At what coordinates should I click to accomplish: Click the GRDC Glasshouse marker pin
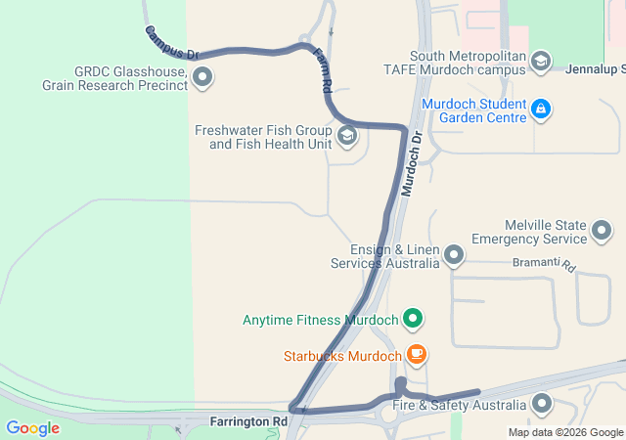(x=202, y=76)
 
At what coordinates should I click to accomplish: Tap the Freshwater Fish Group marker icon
(x=346, y=136)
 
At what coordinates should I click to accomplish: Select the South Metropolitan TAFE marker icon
(x=541, y=63)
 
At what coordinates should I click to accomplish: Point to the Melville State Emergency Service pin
(x=602, y=231)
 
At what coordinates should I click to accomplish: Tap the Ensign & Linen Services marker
(x=453, y=256)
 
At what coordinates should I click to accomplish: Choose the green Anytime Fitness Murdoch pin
(x=414, y=319)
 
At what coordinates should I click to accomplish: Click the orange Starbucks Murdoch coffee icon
(x=417, y=355)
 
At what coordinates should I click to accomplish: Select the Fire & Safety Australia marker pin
(x=542, y=404)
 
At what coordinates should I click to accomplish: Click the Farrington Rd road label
(x=248, y=421)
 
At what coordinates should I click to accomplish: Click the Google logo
(x=32, y=427)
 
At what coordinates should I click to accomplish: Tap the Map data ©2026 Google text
(x=565, y=432)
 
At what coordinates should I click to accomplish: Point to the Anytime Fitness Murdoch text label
(x=321, y=320)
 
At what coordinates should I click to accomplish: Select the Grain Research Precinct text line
(x=114, y=85)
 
